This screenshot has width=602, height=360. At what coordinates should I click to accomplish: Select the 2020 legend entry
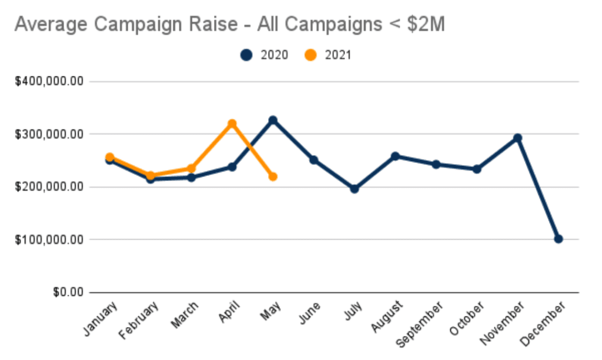click(x=264, y=55)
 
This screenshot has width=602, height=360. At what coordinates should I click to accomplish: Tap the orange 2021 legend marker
click(x=311, y=55)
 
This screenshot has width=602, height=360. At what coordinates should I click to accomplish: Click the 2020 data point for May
click(x=273, y=120)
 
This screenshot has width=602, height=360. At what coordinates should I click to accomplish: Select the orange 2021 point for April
click(x=232, y=124)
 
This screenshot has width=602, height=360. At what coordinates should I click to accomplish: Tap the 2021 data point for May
click(x=273, y=176)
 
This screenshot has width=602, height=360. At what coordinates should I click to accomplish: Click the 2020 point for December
click(x=558, y=239)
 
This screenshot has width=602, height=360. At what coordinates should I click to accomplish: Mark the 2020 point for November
click(x=518, y=138)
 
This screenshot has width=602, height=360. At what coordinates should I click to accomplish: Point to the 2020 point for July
click(x=354, y=189)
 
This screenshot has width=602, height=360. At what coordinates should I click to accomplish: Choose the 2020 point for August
click(x=395, y=156)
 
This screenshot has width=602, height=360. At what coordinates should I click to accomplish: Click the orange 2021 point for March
click(x=191, y=168)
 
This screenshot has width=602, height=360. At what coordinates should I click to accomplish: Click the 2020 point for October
click(x=477, y=169)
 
